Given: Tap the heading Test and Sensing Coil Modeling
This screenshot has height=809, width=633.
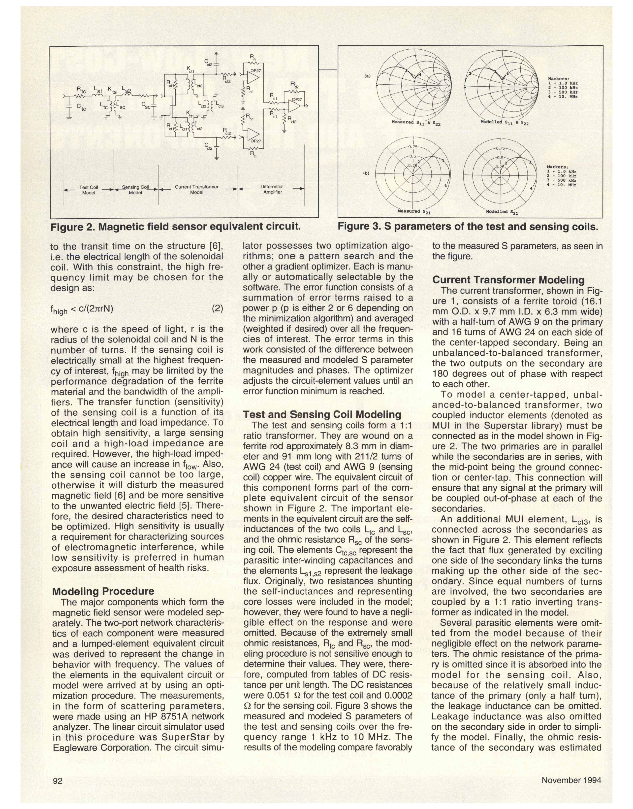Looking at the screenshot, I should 322,414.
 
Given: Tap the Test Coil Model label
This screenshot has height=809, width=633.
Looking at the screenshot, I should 89,190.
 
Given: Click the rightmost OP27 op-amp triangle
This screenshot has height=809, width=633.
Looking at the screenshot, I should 295,106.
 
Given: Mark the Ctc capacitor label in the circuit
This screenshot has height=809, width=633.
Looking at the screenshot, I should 81,107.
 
